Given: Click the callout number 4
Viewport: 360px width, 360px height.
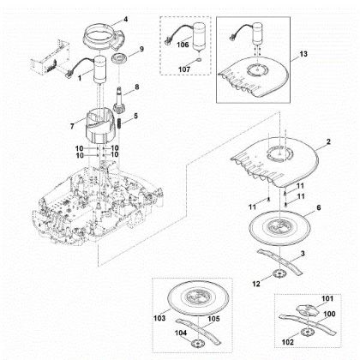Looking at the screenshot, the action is tap(125, 20).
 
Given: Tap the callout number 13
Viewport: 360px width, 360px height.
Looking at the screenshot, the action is tap(303, 54).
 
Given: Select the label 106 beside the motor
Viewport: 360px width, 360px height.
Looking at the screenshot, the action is tap(183, 45).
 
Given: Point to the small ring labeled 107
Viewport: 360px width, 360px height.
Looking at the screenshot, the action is tap(199, 60).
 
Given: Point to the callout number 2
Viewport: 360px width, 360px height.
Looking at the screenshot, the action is tap(328, 141).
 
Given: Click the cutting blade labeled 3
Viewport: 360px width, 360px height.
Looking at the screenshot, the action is tap(279, 261).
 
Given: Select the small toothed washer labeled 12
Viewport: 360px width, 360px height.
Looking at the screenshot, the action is tap(276, 274).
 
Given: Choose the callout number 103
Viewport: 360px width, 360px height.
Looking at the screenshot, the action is tap(159, 318).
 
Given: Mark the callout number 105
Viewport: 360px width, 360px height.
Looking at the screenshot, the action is tap(213, 319).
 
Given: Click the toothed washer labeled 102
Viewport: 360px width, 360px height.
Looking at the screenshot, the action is tap(306, 333).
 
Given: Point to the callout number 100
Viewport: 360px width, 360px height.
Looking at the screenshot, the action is tap(329, 314).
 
